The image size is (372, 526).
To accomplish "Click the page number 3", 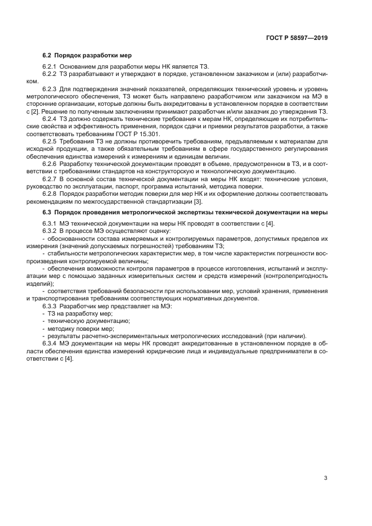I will [x=325, y=462].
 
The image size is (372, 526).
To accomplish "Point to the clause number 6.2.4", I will [x=50, y=119].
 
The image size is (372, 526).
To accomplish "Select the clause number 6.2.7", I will [x=50, y=178].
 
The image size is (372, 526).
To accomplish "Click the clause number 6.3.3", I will [x=50, y=305].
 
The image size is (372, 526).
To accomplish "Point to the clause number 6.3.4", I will [x=50, y=343].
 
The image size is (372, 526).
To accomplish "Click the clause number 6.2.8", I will [x=50, y=194].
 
